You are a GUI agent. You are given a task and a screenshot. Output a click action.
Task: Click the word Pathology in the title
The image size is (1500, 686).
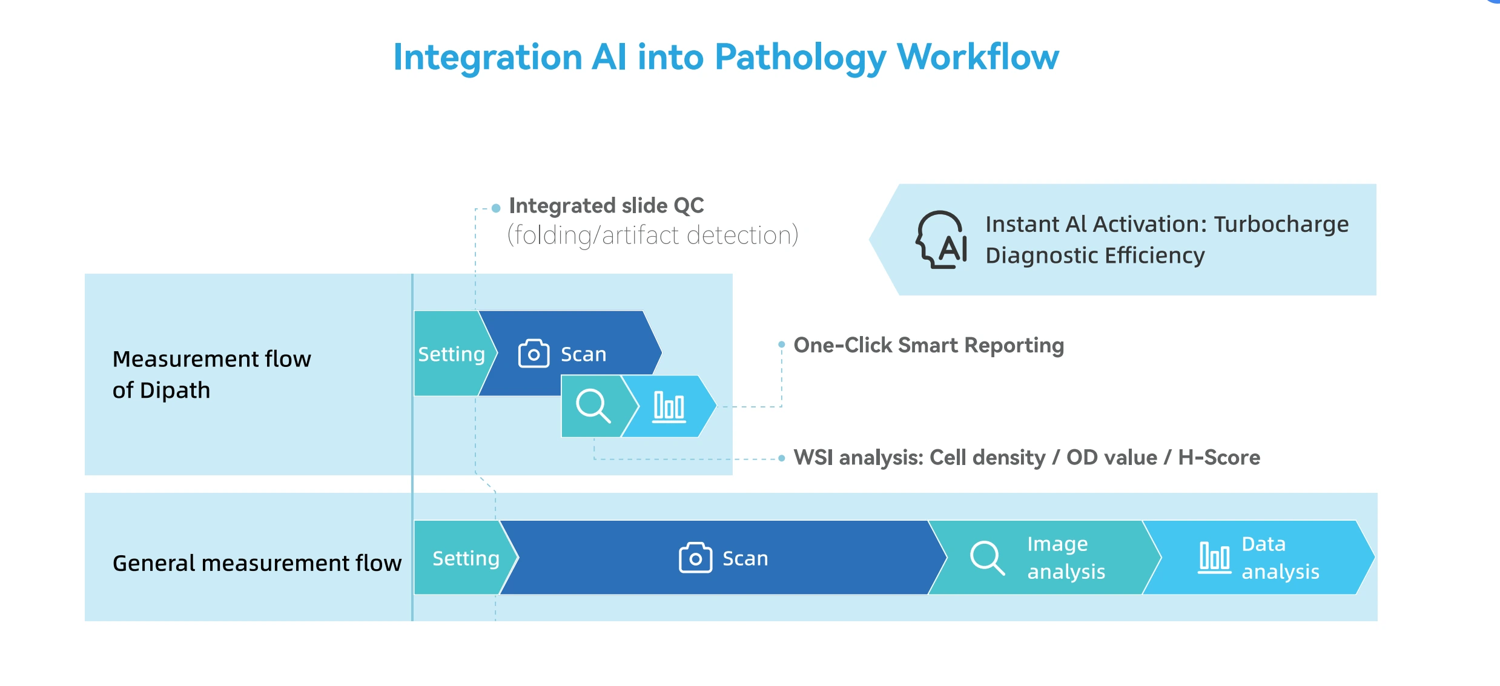(800, 58)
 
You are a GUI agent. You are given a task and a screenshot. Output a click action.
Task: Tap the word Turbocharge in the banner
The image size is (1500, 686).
(1281, 224)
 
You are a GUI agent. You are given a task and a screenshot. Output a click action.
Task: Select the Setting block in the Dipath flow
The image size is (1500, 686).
(451, 354)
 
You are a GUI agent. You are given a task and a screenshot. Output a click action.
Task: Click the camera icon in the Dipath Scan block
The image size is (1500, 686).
(534, 354)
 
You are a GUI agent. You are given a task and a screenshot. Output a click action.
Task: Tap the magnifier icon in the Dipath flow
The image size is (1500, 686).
(592, 406)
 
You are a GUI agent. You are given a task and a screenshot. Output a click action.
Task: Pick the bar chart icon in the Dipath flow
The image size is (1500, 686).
(669, 406)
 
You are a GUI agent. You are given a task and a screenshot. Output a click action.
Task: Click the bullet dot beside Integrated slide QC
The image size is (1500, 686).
(496, 208)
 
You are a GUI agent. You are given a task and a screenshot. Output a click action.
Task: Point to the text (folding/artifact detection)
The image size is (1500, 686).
(652, 236)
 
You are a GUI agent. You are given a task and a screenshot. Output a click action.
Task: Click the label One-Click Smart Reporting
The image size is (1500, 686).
(928, 345)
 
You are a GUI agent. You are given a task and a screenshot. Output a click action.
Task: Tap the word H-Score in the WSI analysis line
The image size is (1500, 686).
(1218, 458)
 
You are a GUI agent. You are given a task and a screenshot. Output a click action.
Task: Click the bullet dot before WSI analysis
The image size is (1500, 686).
(782, 458)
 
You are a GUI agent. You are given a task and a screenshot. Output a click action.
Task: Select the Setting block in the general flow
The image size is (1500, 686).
(465, 558)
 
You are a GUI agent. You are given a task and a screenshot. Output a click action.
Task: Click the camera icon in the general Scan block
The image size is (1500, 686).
(695, 558)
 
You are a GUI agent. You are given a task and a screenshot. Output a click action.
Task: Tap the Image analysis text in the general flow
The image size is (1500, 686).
(1066, 558)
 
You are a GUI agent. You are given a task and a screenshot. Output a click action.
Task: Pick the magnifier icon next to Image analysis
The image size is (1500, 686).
(987, 558)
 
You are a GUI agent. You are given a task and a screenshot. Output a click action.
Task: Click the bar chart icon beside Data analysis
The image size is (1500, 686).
(1214, 558)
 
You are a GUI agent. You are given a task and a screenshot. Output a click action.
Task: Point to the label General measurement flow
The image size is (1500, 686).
(257, 563)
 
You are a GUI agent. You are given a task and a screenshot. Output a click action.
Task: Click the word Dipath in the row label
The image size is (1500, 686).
(175, 391)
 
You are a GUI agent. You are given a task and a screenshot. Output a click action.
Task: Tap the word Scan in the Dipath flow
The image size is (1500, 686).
(583, 354)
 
